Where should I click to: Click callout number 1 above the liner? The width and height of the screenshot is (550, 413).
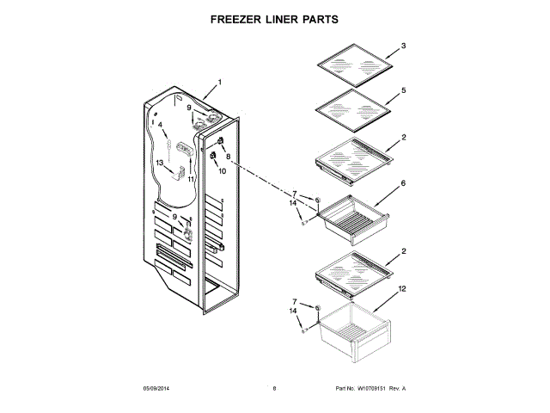[219, 83]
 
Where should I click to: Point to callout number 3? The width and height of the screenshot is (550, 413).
[404, 45]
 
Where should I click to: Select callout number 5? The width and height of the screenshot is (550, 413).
[404, 89]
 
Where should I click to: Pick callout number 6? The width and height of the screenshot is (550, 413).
[403, 183]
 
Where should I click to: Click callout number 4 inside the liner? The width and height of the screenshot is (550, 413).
[160, 125]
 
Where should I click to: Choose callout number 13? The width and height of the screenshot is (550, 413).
[159, 163]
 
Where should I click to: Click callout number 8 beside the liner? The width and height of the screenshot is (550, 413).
[229, 157]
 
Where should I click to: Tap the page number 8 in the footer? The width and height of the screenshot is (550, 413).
[274, 389]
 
